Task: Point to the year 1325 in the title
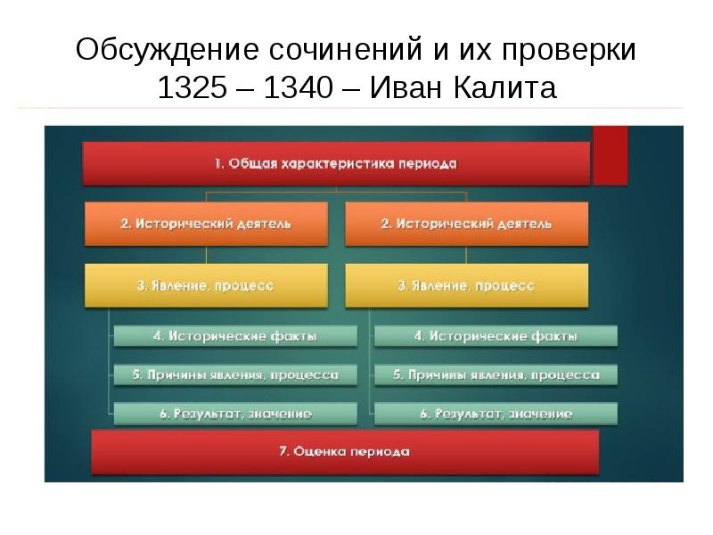point(189,89)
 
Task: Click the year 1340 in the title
point(295,89)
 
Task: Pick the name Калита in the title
point(510,89)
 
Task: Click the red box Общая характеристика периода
point(336,163)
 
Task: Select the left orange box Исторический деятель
point(206,224)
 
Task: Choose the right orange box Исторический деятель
point(466,224)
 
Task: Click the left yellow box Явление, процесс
point(206,285)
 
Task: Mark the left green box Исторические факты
point(235,336)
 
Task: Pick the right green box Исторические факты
point(496,336)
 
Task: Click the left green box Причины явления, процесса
point(235,375)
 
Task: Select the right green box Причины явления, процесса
point(496,375)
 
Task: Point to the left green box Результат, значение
point(235,414)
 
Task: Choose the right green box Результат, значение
point(496,414)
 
